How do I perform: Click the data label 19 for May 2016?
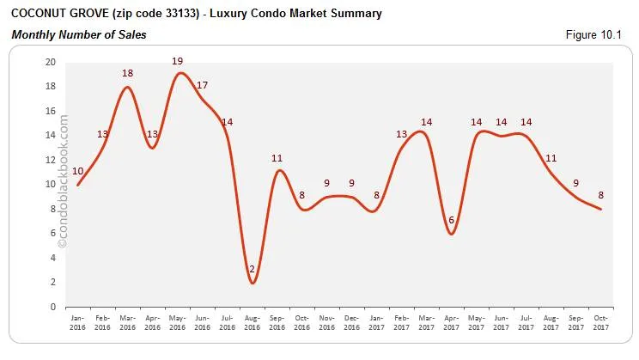click(178, 61)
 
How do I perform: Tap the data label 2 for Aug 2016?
click(252, 269)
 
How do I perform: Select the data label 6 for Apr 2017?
click(451, 220)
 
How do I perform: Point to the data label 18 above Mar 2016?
click(127, 74)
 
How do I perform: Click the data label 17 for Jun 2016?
click(202, 85)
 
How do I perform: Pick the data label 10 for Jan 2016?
click(78, 171)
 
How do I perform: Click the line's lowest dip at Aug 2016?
click(253, 283)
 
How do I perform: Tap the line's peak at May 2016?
click(179, 73)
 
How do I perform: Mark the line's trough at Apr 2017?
click(451, 234)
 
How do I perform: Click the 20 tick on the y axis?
click(51, 63)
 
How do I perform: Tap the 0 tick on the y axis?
click(53, 307)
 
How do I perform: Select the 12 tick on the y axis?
click(51, 160)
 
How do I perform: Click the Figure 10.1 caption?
click(595, 35)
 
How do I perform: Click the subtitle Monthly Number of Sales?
click(78, 35)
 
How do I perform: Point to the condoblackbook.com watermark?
click(62, 181)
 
